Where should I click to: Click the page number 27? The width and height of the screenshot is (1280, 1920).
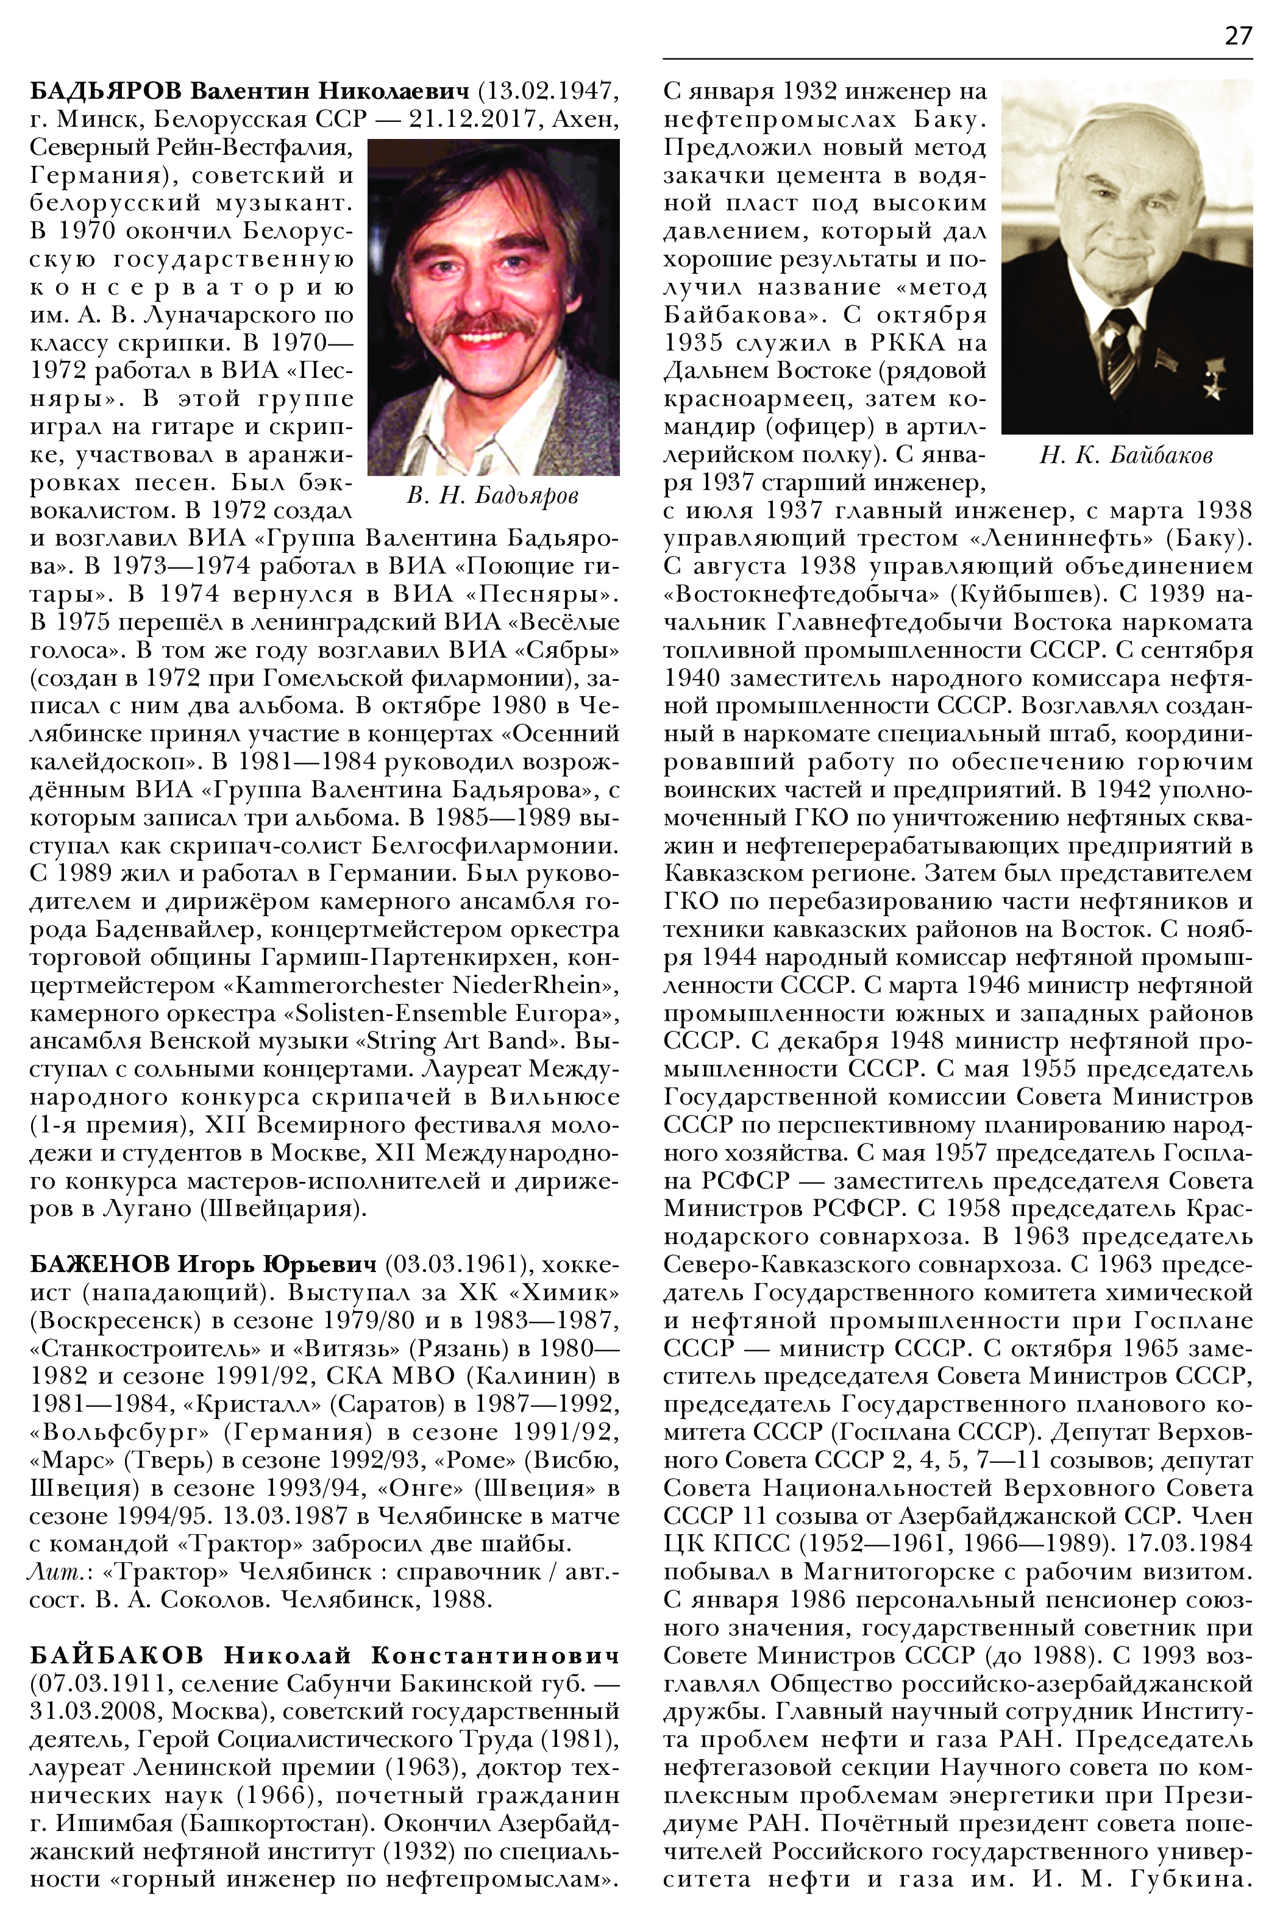[1237, 37]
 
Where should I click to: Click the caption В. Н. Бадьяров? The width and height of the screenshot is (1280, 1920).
[492, 496]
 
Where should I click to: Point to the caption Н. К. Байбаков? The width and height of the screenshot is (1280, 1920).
[1126, 455]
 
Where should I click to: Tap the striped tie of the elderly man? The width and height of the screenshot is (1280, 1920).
[1119, 349]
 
